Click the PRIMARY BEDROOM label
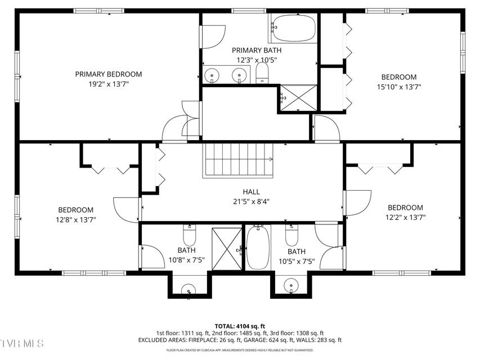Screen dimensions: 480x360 point(109,74)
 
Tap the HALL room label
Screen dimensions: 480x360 point(252,192)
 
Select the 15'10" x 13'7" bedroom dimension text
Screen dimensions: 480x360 point(399,87)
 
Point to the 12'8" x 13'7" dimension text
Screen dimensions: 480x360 point(76,219)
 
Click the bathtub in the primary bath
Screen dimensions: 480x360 point(294,28)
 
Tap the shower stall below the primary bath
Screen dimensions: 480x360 point(298,98)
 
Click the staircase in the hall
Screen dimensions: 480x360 point(237,160)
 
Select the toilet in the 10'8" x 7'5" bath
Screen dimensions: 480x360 point(190,236)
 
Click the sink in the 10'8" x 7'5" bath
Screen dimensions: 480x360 point(189,290)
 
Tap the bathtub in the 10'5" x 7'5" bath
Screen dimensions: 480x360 point(258,247)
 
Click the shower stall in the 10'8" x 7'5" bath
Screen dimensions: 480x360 point(227,249)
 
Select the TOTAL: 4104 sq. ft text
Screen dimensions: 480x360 point(240,326)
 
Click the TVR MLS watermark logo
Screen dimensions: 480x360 point(22,343)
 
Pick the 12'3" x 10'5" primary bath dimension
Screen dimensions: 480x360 point(257,60)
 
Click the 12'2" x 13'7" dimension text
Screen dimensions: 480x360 point(406,217)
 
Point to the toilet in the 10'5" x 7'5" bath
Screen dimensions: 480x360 point(291,236)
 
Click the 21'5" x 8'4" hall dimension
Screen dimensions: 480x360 point(252,202)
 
